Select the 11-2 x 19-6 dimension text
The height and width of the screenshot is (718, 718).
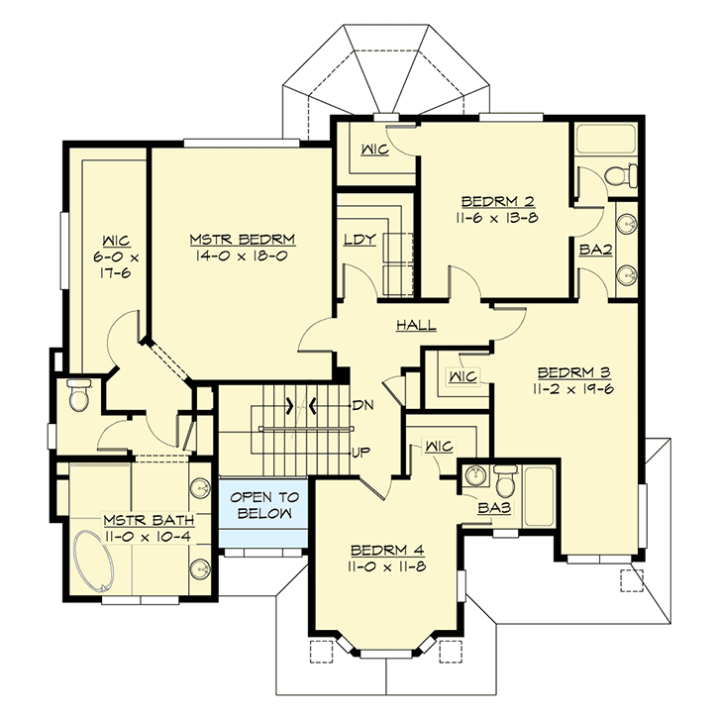[x=573, y=389]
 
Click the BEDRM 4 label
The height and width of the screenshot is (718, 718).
[x=387, y=550]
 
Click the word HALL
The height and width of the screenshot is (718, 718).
[x=416, y=325]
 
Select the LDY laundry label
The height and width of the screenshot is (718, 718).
[x=358, y=240]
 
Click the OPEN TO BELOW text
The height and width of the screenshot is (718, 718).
[x=262, y=506]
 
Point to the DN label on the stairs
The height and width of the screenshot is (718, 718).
[x=361, y=406]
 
